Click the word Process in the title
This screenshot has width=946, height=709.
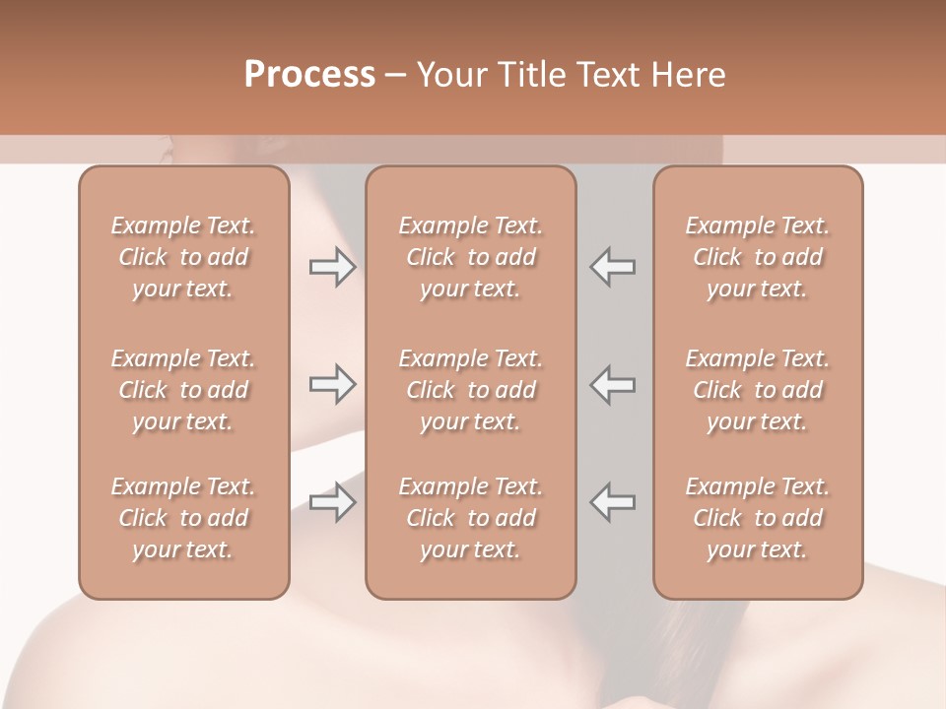[309, 75]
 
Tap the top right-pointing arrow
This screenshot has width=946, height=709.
[332, 267]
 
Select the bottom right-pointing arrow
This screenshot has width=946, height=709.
[332, 502]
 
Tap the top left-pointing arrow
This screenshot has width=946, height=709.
[613, 267]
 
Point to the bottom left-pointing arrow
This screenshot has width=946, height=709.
[613, 502]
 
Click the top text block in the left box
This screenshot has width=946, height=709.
[183, 257]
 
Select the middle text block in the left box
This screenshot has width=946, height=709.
[183, 390]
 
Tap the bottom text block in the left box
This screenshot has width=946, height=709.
[183, 518]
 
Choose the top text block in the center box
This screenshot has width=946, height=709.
[471, 257]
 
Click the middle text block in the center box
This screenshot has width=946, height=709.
[471, 390]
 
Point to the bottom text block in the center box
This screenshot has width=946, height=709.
[471, 518]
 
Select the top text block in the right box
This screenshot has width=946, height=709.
[758, 257]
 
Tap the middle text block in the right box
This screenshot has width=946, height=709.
[758, 390]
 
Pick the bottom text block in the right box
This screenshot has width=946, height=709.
[758, 518]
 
